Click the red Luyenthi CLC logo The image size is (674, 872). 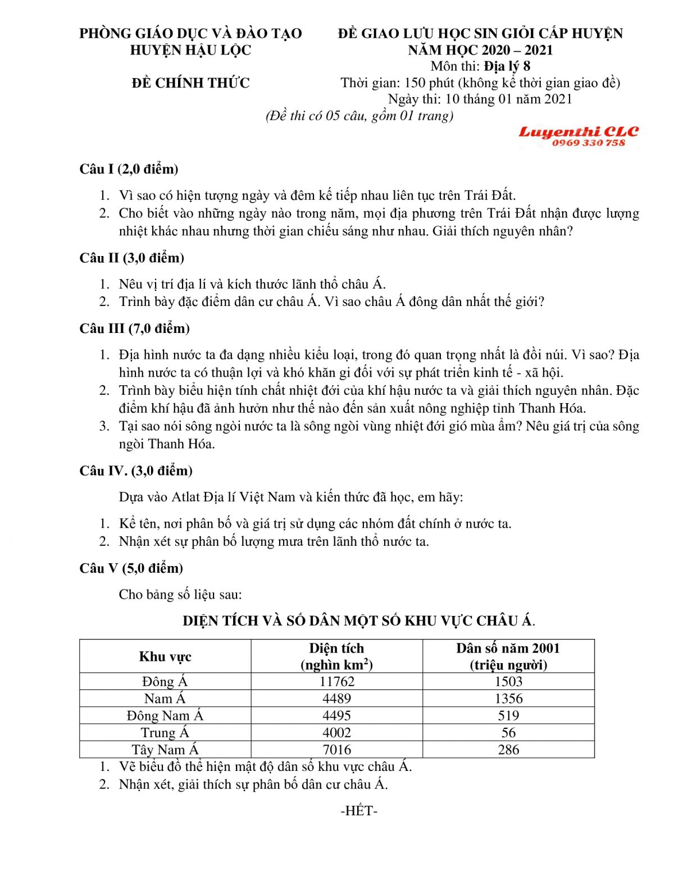pyautogui.click(x=579, y=132)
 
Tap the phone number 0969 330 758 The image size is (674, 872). pyautogui.click(x=588, y=143)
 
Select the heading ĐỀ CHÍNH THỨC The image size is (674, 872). pyautogui.click(x=191, y=83)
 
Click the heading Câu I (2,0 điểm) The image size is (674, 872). pyautogui.click(x=129, y=169)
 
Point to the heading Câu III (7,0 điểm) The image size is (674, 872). pyautogui.click(x=134, y=328)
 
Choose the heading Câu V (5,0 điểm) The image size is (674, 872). pyautogui.click(x=131, y=568)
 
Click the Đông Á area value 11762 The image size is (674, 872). pyautogui.click(x=336, y=682)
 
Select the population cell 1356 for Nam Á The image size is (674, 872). pyautogui.click(x=508, y=698)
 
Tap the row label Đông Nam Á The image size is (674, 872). pyautogui.click(x=165, y=716)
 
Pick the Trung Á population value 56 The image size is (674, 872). pyautogui.click(x=508, y=733)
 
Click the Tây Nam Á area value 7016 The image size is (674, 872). pyautogui.click(x=336, y=750)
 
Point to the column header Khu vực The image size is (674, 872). pyautogui.click(x=165, y=656)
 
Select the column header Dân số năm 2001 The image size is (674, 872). pyautogui.click(x=508, y=649)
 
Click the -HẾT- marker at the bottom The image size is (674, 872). pyautogui.click(x=359, y=811)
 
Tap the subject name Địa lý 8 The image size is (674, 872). pyautogui.click(x=507, y=66)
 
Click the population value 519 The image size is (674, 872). pyautogui.click(x=508, y=716)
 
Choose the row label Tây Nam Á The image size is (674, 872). pyautogui.click(x=165, y=750)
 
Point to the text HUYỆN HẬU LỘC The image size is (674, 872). pyautogui.click(x=190, y=50)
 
